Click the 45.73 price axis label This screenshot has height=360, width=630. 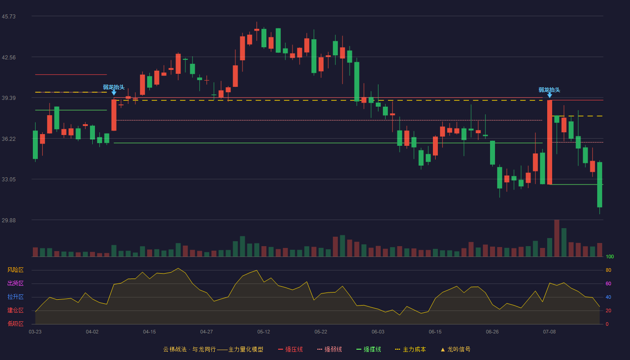(9, 17)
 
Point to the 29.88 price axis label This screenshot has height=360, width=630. (9, 220)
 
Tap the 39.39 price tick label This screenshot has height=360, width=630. (9, 98)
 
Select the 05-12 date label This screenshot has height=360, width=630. (264, 332)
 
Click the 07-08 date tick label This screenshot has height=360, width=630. (549, 332)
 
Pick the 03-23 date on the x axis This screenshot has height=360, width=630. (35, 332)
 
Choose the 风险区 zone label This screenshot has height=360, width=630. (15, 270)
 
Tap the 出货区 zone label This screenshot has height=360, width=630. (15, 283)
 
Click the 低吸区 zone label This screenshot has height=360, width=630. (15, 324)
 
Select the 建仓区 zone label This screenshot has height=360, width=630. (15, 310)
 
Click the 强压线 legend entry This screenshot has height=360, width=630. (290, 349)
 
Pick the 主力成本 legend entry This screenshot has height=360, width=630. (410, 349)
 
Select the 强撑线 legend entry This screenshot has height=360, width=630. (369, 349)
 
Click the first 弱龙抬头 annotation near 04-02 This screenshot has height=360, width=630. (113, 87)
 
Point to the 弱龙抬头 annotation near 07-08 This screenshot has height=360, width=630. (549, 90)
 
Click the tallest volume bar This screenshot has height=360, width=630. (557, 238)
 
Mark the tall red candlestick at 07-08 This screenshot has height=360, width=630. (549, 142)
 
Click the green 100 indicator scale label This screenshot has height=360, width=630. (610, 256)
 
